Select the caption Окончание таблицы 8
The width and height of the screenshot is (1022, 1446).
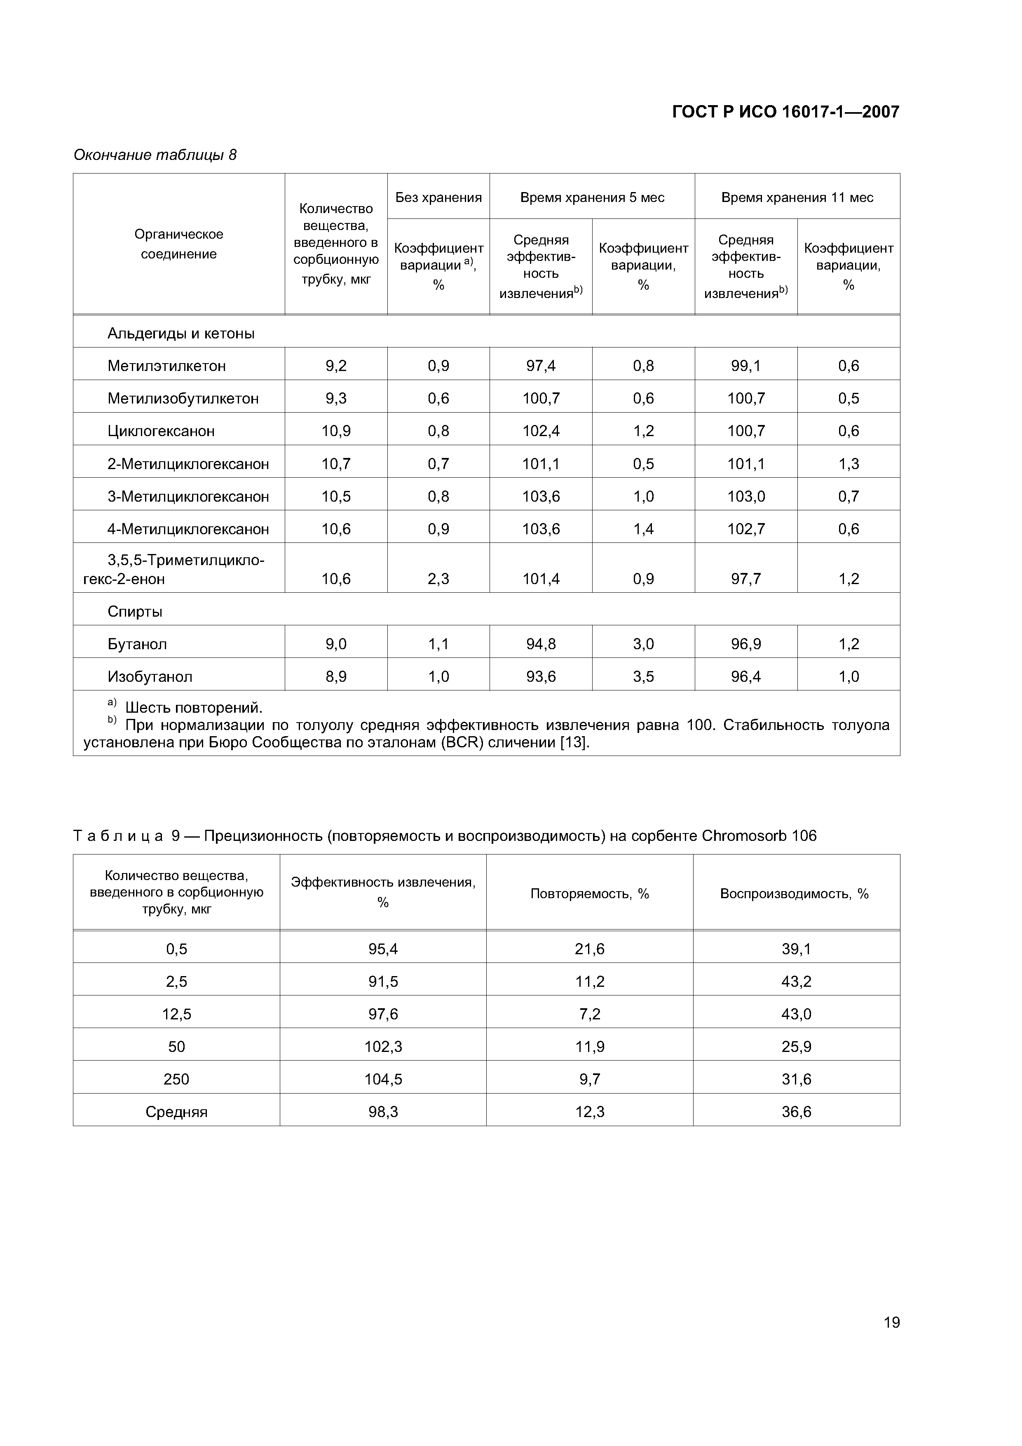pyautogui.click(x=155, y=155)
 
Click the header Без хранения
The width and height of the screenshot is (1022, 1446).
pyautogui.click(x=438, y=198)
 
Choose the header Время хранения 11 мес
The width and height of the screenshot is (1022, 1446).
pyautogui.click(x=797, y=198)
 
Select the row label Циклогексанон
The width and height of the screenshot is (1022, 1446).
pyautogui.click(x=161, y=432)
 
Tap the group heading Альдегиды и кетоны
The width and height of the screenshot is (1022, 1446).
pyautogui.click(x=181, y=333)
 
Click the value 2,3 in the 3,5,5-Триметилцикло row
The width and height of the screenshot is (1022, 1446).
pyautogui.click(x=438, y=579)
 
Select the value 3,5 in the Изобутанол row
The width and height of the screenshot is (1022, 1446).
pyautogui.click(x=644, y=677)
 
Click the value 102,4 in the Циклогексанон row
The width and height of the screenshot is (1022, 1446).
pyautogui.click(x=541, y=432)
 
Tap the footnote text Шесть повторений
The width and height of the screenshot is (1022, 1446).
pyautogui.click(x=193, y=708)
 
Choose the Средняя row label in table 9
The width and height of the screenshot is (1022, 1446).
pyautogui.click(x=176, y=1112)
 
